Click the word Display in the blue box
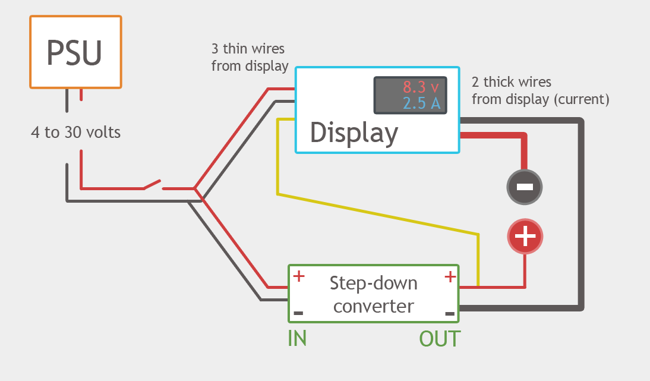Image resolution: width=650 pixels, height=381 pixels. coord(354,133)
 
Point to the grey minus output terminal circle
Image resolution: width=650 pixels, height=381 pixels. coord(525,187)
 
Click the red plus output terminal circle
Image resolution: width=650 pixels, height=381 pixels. coord(525,237)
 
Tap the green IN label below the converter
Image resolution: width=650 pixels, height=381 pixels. coord(297,338)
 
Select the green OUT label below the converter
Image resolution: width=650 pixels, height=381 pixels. coord(440,338)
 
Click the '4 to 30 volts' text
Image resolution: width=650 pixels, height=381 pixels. coord(75,132)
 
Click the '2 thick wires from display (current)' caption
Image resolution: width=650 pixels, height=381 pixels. coord(539,90)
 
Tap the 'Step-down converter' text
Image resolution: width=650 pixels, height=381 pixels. coord(373,294)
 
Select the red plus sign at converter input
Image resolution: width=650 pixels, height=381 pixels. coord(299,276)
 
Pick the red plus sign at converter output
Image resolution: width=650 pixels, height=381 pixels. coord(450,276)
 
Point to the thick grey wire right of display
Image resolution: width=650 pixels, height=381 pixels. coord(581,214)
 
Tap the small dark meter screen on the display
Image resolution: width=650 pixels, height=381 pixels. coord(409,95)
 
